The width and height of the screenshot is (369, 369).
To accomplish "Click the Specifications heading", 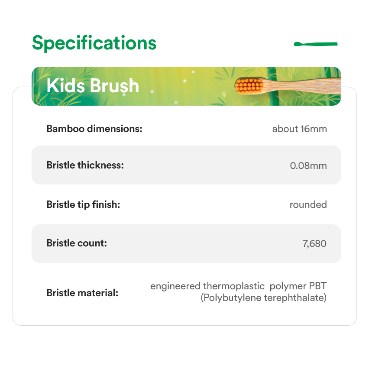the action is [x=94, y=43].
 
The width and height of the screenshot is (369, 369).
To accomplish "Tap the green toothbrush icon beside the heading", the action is [x=316, y=44].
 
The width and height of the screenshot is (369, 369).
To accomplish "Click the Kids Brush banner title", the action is [x=93, y=85].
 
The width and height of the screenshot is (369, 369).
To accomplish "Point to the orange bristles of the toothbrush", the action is [x=249, y=86].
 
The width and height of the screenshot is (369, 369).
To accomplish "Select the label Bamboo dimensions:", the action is [x=94, y=129].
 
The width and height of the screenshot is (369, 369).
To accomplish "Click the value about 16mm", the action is [x=299, y=129].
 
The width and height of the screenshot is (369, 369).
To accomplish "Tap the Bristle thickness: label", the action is [x=85, y=165].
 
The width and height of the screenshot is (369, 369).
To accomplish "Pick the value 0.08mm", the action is [x=308, y=165].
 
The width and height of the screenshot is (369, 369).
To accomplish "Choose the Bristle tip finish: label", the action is [x=83, y=204].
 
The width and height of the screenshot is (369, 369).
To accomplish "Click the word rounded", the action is [x=308, y=204].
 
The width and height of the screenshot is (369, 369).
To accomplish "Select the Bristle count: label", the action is [x=77, y=243].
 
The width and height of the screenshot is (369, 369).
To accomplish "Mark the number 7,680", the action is [x=314, y=243].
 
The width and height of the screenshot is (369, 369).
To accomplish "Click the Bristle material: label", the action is [x=82, y=293].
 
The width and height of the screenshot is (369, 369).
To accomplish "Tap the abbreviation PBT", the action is [x=318, y=286].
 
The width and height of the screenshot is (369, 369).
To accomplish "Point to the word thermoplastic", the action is [x=234, y=286].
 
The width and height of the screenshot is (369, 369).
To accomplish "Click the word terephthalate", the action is [x=295, y=298].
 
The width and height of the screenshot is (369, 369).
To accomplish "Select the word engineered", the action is [x=175, y=286].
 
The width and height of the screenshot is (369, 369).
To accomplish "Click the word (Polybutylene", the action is [x=231, y=298].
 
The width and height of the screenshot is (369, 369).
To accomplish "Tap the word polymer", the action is [x=288, y=286].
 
